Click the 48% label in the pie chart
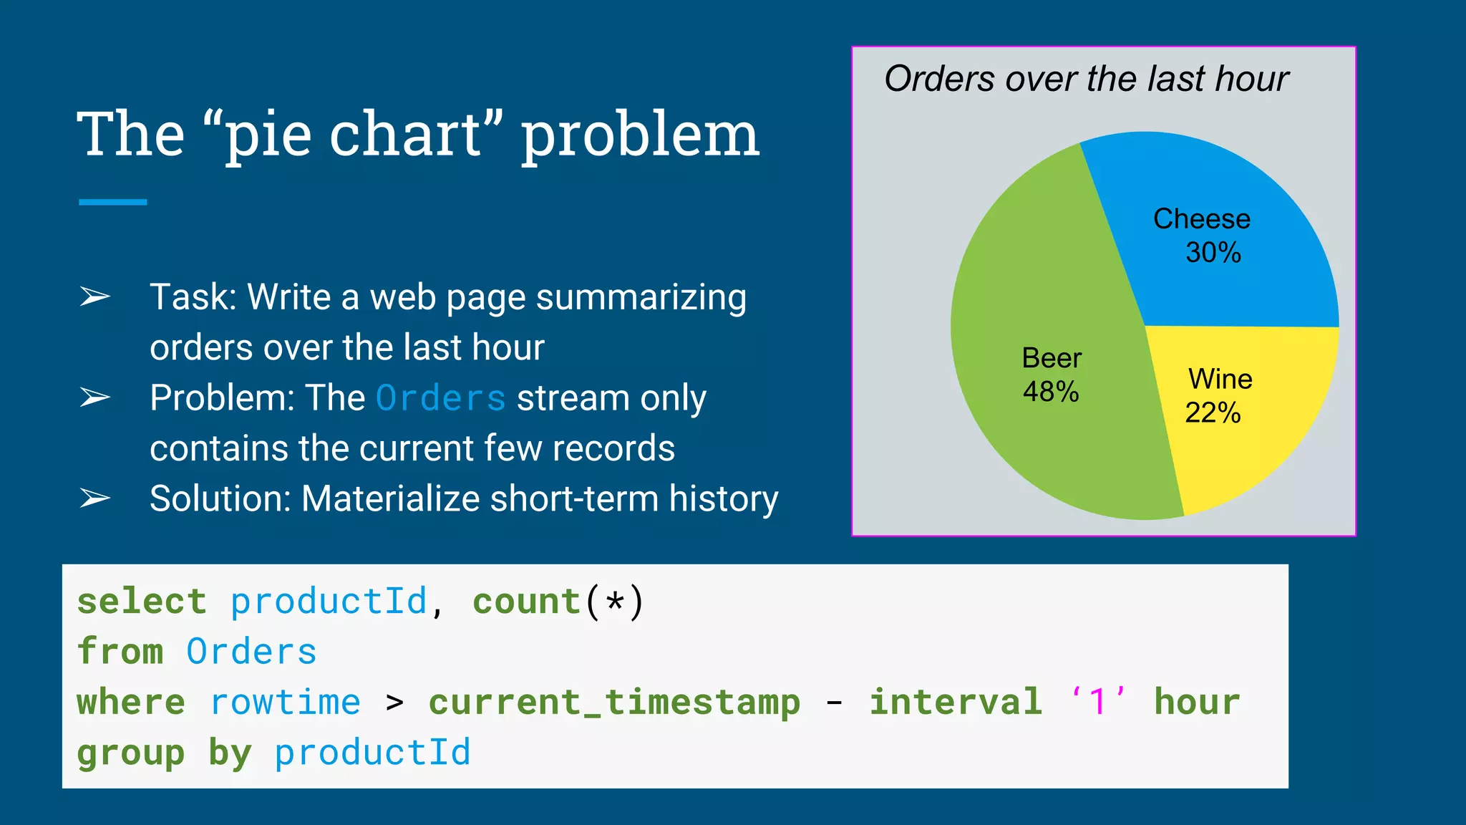(1050, 392)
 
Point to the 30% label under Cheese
(1213, 252)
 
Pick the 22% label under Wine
(1212, 412)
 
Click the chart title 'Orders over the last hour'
(1086, 79)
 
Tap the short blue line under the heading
(112, 203)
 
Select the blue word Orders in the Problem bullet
(440, 398)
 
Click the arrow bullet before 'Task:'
(94, 296)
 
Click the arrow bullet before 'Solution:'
(94, 498)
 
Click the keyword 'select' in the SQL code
(142, 601)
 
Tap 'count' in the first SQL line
(526, 601)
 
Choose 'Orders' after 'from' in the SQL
(251, 652)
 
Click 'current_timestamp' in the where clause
(614, 702)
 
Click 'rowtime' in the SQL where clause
(285, 702)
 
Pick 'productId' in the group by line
(372, 753)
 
